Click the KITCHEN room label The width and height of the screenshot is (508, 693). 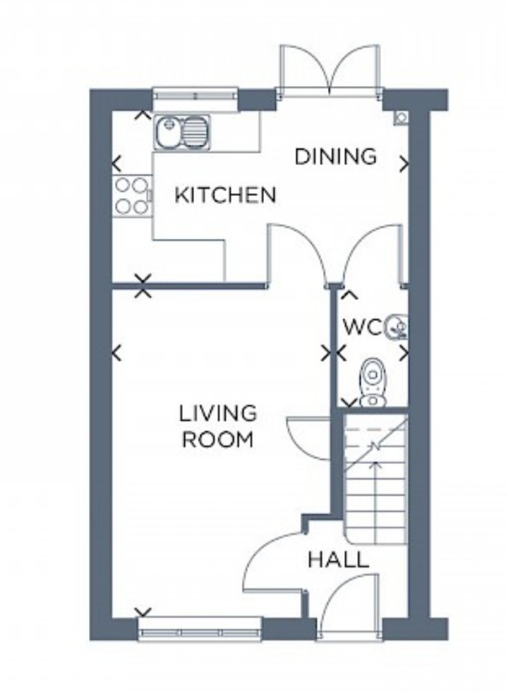[225, 195]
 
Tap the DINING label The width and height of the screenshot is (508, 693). [335, 157]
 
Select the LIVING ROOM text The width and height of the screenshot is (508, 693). [218, 426]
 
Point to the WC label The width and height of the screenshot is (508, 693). [362, 328]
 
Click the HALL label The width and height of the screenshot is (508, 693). [339, 560]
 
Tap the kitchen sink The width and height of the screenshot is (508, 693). [182, 131]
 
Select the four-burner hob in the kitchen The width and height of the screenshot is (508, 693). [132, 195]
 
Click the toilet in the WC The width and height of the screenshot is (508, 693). [373, 382]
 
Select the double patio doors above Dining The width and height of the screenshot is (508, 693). [329, 70]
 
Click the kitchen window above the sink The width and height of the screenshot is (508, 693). [195, 95]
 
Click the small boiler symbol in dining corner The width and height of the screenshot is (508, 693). [401, 118]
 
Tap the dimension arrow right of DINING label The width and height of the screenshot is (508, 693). [404, 164]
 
